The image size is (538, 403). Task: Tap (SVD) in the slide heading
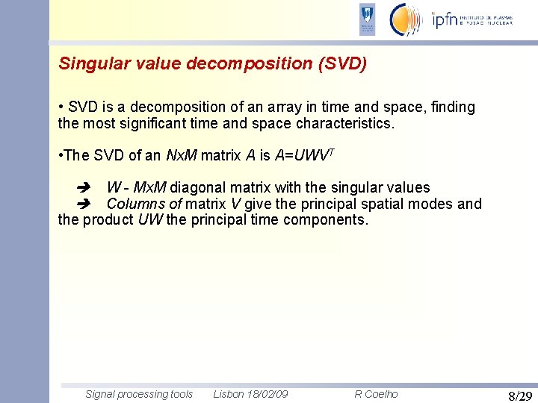click(342, 64)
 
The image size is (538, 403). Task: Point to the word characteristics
click(344, 123)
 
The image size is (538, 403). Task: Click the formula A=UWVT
click(304, 155)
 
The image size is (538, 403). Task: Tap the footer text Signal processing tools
click(139, 394)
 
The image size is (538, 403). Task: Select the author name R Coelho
click(376, 394)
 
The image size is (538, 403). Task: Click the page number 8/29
click(519, 396)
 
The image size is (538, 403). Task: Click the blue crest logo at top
click(367, 19)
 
